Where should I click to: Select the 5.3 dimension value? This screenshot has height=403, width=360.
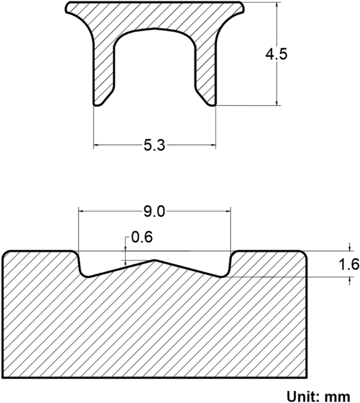tap(154, 146)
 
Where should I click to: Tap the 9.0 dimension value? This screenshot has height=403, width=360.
tap(154, 211)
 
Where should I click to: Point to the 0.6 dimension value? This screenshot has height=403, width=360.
tap(141, 237)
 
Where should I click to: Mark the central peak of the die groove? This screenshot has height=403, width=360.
tap(154, 260)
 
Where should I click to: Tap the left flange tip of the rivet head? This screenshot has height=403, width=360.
tap(67, 7)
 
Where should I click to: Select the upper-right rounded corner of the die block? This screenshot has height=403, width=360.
tap(304, 255)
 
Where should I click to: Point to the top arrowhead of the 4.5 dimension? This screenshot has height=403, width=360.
tap(276, 5)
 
